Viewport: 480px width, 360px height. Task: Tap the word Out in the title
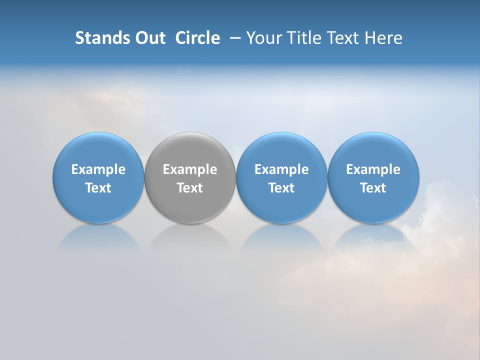pyautogui.click(x=149, y=38)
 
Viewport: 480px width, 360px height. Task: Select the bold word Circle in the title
pyautogui.click(x=197, y=38)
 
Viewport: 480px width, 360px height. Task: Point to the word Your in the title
pyautogui.click(x=263, y=38)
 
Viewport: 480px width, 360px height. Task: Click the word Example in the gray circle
pyautogui.click(x=189, y=169)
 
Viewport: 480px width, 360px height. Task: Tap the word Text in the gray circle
pyautogui.click(x=189, y=188)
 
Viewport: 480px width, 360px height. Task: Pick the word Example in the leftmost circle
pyautogui.click(x=98, y=169)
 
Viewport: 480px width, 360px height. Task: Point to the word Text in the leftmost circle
pyautogui.click(x=98, y=188)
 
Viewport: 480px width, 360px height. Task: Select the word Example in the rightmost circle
pyautogui.click(x=373, y=169)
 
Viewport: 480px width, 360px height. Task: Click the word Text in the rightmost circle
pyautogui.click(x=373, y=188)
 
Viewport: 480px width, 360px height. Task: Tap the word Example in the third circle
pyautogui.click(x=281, y=169)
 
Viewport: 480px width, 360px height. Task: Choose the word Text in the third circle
pyautogui.click(x=281, y=188)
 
